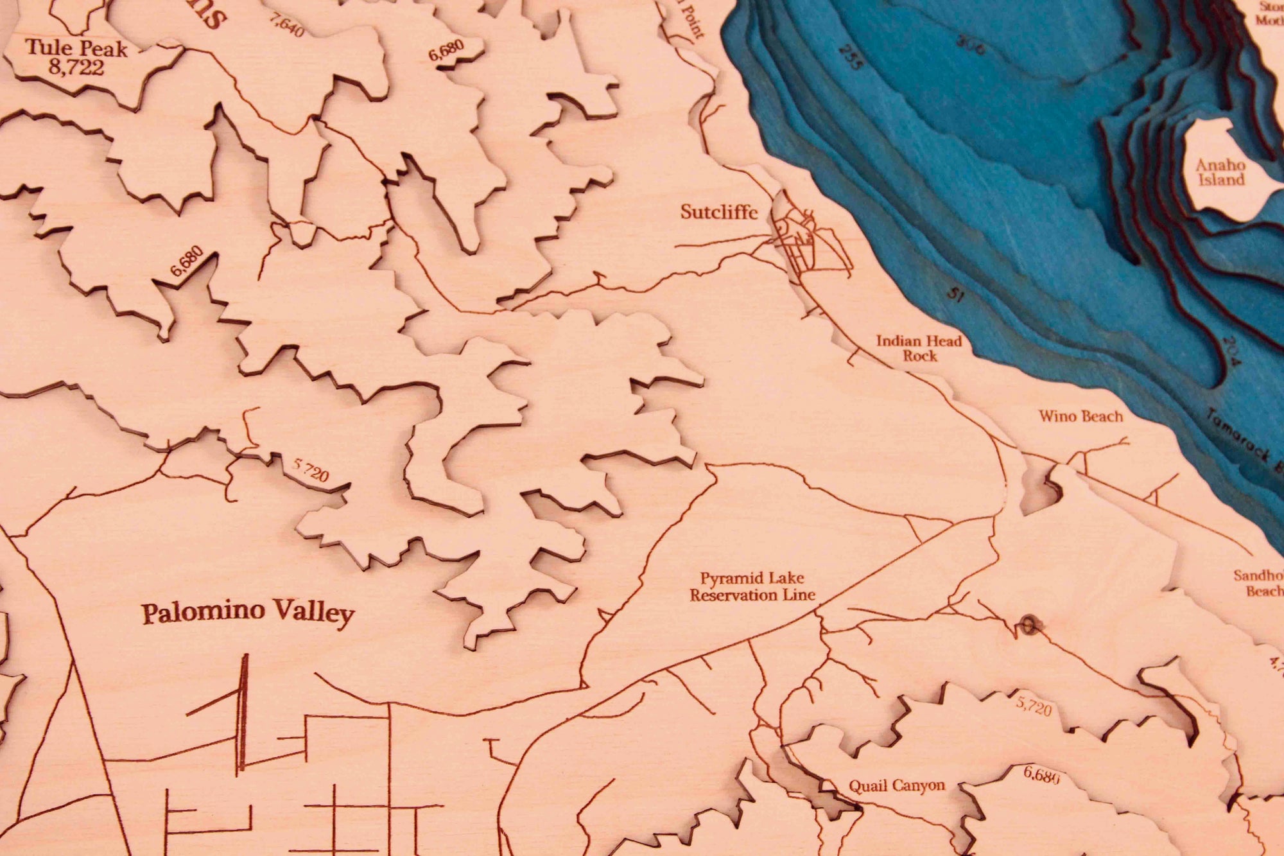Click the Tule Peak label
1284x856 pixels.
[76, 48]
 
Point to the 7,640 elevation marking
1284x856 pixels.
[286, 25]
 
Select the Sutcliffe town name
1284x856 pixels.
[718, 212]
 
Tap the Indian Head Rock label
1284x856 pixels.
[919, 348]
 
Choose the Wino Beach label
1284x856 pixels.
[1080, 416]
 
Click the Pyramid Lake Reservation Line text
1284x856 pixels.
[752, 587]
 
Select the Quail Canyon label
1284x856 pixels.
[896, 785]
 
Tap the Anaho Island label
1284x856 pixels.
[1220, 172]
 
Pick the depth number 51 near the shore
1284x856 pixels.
[957, 295]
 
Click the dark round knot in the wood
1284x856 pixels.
[1028, 624]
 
